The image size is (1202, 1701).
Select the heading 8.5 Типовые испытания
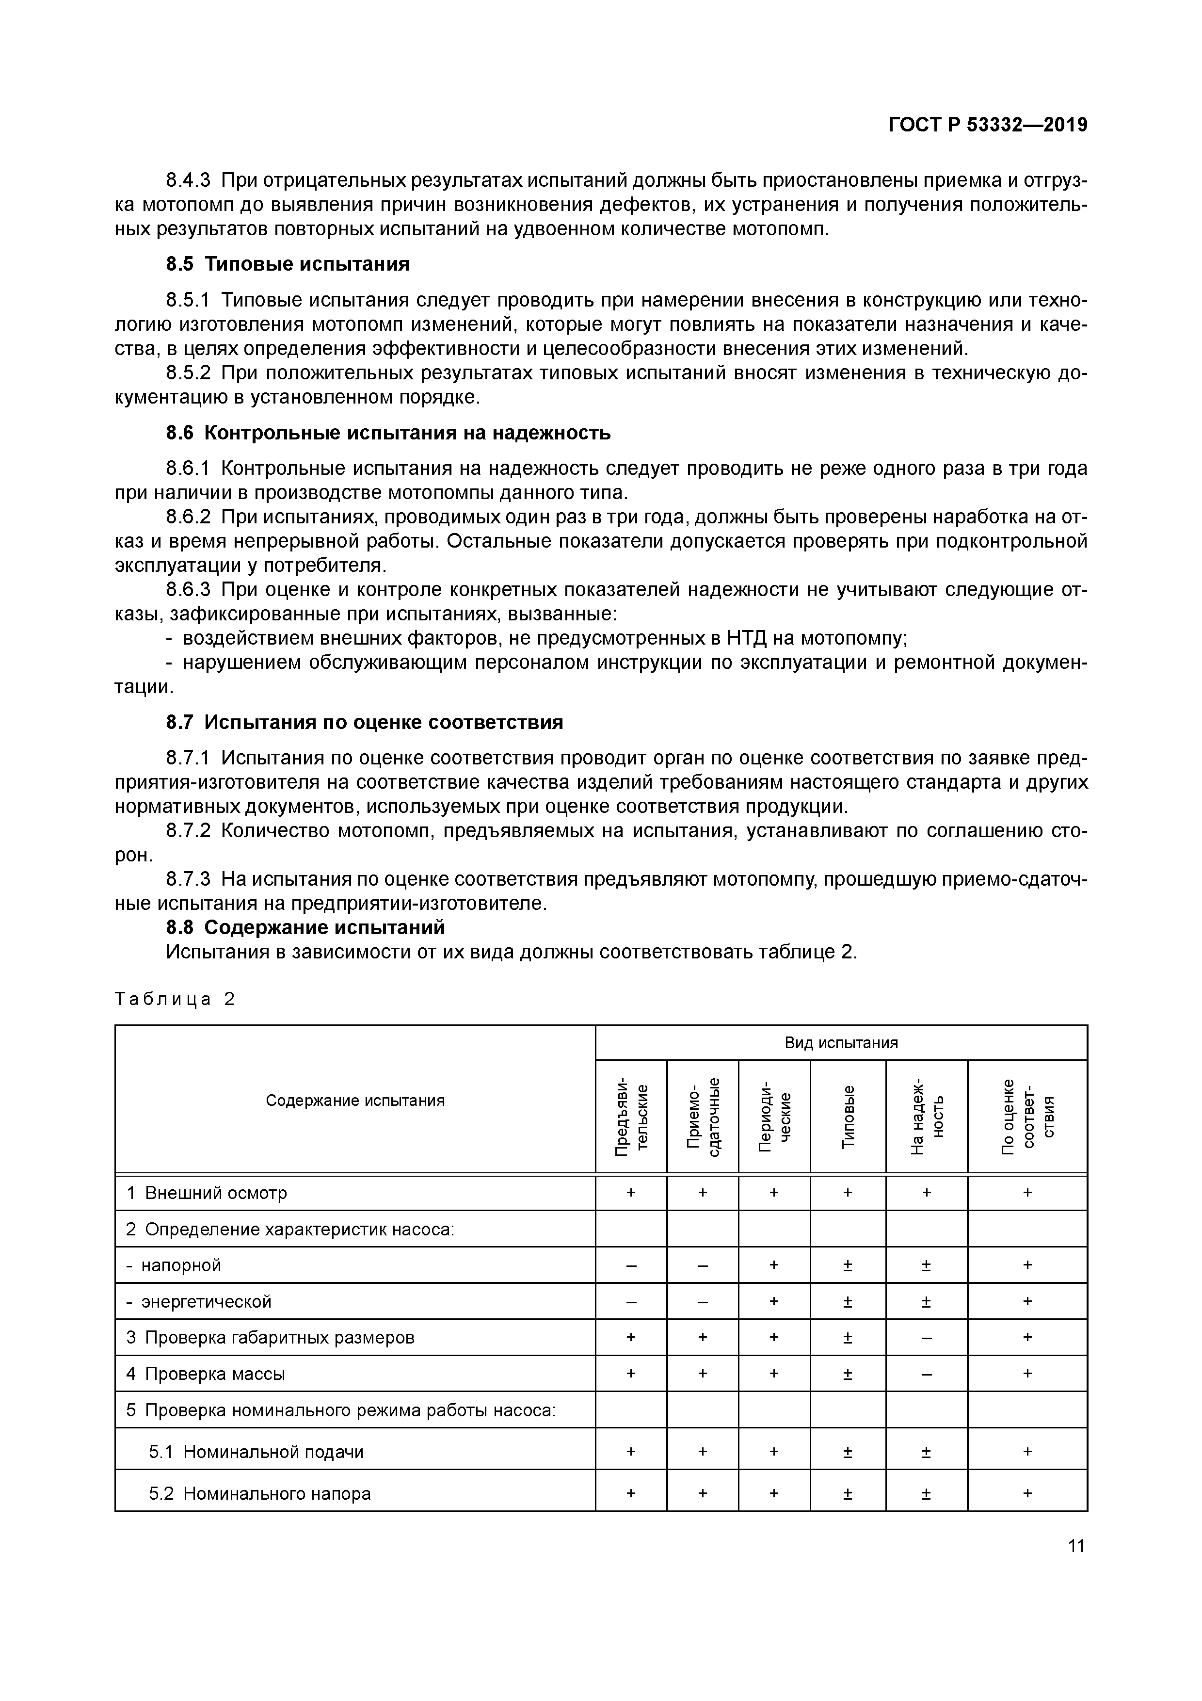(x=288, y=264)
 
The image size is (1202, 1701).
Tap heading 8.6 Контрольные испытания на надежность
(x=388, y=433)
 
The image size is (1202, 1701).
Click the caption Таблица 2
(x=175, y=1000)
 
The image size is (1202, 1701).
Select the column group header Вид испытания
(x=841, y=1043)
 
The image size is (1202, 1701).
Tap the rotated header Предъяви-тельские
(x=631, y=1116)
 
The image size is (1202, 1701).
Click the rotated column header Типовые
(x=848, y=1116)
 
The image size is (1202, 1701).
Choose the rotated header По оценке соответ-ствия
(x=1027, y=1116)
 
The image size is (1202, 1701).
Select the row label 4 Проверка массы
(x=205, y=1374)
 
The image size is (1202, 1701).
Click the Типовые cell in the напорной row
(x=848, y=1266)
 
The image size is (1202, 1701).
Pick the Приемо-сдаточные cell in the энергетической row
(x=702, y=1302)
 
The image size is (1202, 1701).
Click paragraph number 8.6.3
(x=188, y=590)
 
